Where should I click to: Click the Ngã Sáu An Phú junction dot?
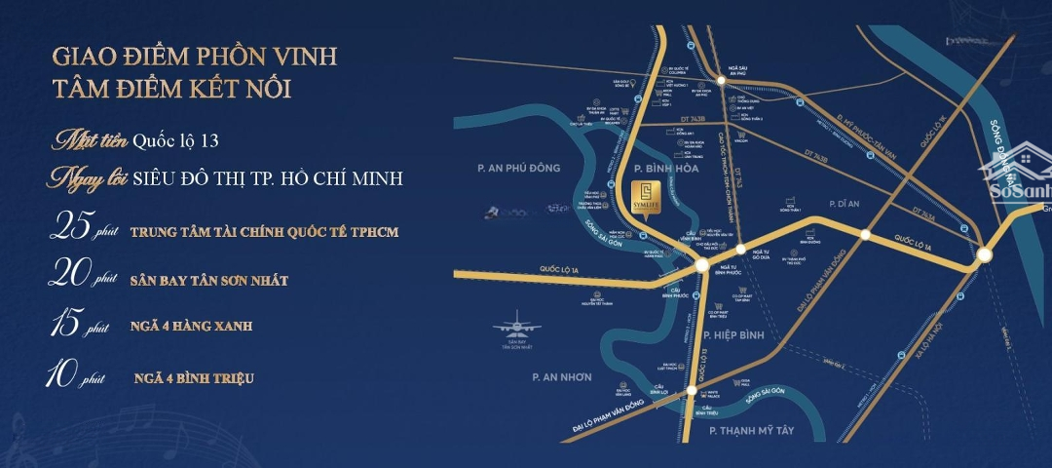point(721,80)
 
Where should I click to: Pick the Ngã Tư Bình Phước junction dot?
point(702,266)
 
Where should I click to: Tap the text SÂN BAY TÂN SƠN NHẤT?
point(208,280)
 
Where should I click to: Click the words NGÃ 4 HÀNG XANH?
point(191,326)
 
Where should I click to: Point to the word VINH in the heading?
point(301,57)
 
